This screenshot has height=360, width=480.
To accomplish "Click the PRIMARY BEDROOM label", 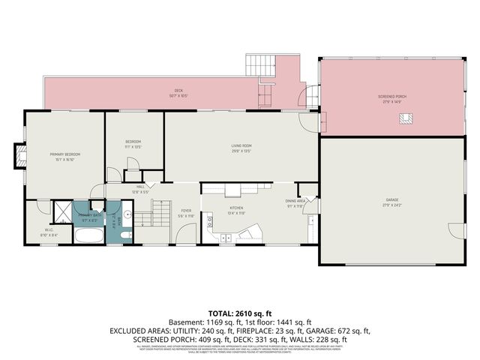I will click(64, 154).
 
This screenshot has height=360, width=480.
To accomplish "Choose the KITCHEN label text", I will click(236, 208).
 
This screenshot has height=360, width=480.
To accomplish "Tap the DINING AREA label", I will click(295, 201).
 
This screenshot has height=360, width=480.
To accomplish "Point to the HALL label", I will click(141, 187).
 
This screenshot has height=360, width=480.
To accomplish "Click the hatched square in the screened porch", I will click(407, 117).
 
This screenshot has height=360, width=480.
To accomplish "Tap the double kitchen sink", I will click(225, 238).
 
